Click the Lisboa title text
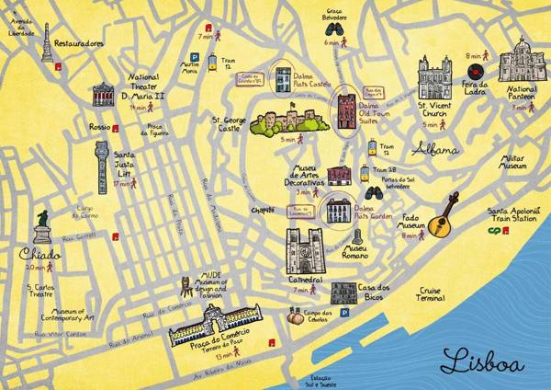point(482,360)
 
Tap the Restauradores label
point(78,43)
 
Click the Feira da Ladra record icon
point(475,71)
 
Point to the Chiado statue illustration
point(42,226)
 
